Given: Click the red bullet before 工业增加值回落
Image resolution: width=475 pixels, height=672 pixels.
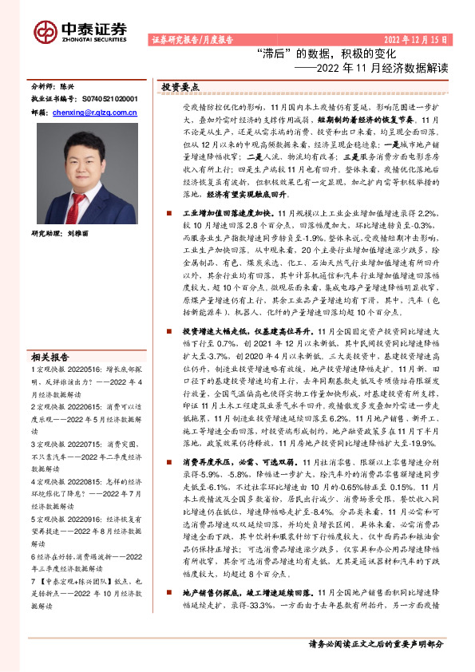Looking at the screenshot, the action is [x=170, y=215].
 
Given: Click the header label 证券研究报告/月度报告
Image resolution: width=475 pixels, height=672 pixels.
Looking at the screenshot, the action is [x=191, y=39].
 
